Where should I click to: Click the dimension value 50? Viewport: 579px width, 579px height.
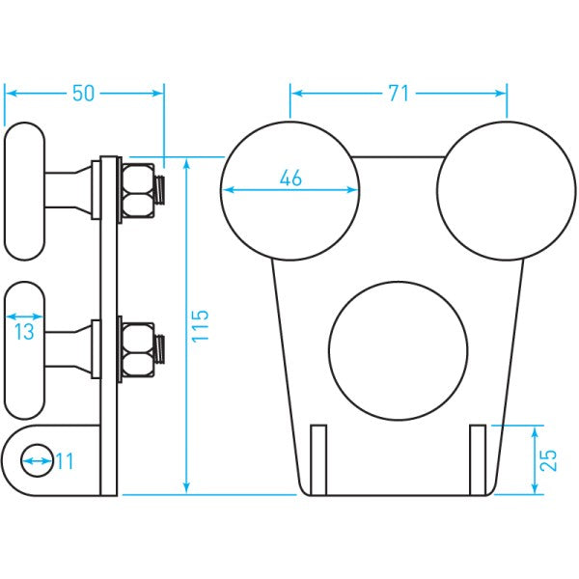[84, 94]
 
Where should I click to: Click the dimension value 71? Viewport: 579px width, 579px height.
[399, 94]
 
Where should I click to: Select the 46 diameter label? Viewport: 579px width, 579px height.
[289, 178]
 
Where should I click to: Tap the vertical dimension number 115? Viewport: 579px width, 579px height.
[200, 327]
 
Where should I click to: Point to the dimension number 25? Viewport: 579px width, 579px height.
[548, 459]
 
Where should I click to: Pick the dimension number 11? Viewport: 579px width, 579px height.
[64, 462]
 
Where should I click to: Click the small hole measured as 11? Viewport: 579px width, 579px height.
[37, 461]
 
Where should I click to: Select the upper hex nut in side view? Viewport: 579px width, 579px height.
[136, 190]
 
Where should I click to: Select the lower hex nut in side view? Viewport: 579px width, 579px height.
[136, 350]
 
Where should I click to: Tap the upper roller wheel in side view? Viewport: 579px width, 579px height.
[25, 190]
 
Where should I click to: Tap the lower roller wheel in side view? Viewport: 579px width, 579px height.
[25, 349]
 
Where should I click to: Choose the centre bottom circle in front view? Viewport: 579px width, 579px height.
[398, 350]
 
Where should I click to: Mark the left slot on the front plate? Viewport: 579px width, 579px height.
[319, 455]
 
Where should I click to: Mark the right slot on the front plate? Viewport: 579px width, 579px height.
[477, 455]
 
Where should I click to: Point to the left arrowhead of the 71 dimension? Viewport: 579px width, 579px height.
[295, 94]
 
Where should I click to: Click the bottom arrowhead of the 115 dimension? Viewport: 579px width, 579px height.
[186, 489]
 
